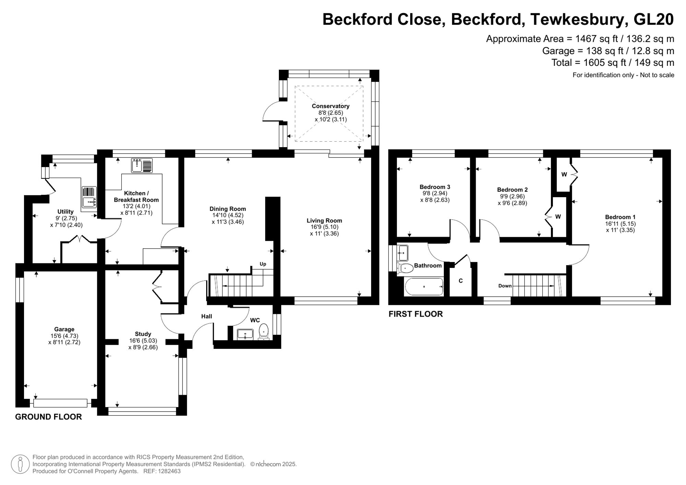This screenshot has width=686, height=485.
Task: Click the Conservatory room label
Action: tap(330, 106)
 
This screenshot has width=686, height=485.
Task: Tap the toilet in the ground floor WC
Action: tap(263, 331)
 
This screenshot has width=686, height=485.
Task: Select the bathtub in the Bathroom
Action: tap(424, 287)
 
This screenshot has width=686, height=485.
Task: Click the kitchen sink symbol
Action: tap(142, 166)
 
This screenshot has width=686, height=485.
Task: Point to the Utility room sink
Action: tap(89, 197)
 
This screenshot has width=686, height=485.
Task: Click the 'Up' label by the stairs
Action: tap(263, 264)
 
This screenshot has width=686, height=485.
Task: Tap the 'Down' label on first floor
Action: tap(505, 286)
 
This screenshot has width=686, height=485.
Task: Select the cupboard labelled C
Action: tap(461, 281)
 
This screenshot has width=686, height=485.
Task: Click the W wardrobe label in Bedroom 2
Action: tap(558, 216)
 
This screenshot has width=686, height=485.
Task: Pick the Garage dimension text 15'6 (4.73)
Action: tap(64, 336)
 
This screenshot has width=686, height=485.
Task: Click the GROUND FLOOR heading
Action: tap(48, 417)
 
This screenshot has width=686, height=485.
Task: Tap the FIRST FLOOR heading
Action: tap(415, 314)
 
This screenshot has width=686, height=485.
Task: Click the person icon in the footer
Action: tap(20, 464)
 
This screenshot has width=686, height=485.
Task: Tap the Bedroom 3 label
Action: tap(435, 187)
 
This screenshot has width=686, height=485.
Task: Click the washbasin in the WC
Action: tap(245, 334)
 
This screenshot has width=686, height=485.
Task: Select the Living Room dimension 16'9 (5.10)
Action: tap(324, 227)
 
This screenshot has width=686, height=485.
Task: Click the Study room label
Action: tap(143, 334)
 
